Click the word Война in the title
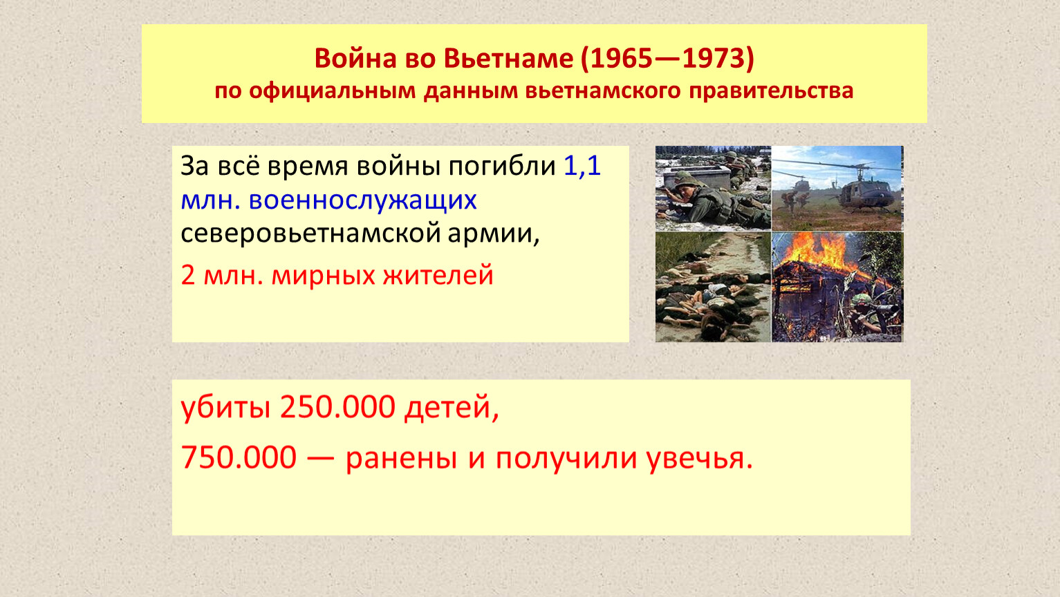[x=355, y=59]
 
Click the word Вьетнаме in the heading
[x=508, y=59]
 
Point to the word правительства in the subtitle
[x=771, y=91]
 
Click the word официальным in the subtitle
[x=332, y=91]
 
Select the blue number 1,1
[x=582, y=166]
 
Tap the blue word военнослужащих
[x=362, y=200]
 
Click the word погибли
[x=502, y=167]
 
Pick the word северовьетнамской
[x=310, y=234]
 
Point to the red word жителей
[x=438, y=276]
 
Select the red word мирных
[x=323, y=276]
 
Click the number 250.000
[x=337, y=407]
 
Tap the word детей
[x=452, y=408]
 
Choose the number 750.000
[x=239, y=458]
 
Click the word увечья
[x=700, y=459]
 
